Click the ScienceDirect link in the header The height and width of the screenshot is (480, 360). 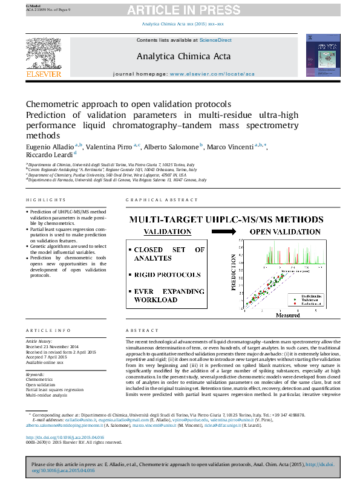(215, 40)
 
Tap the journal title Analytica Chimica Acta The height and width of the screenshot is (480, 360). (180, 56)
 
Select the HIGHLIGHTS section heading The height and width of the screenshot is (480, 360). (46, 200)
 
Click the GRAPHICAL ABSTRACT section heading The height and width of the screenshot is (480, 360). (162, 200)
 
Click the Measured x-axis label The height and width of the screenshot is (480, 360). (287, 315)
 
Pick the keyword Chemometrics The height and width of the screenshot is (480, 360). (40, 380)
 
